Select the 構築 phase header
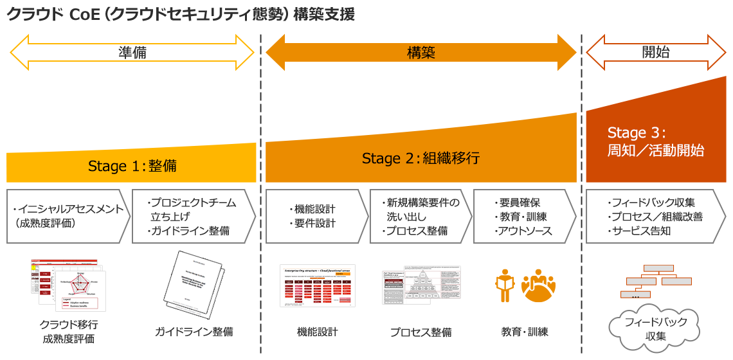click(421, 52)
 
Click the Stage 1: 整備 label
click(132, 166)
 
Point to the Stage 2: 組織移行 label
click(421, 158)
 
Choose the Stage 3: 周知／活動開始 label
click(656, 142)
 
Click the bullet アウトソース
click(523, 230)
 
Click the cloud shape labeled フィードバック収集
click(656, 328)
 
